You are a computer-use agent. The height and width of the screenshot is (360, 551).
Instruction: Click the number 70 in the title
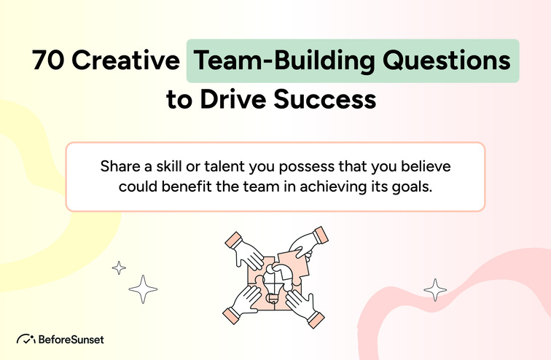click(47, 61)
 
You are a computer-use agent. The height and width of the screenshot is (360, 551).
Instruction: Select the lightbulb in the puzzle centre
click(273, 279)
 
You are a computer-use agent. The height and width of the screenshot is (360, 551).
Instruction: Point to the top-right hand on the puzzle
click(305, 244)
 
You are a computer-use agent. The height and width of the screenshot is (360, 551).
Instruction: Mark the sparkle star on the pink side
click(435, 289)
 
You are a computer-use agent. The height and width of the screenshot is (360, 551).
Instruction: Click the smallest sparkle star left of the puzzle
click(119, 267)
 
